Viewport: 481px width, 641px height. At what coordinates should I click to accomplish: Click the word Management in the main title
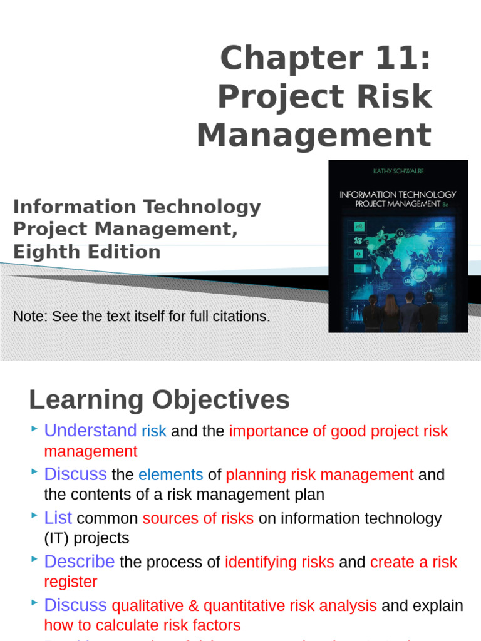pos(314,135)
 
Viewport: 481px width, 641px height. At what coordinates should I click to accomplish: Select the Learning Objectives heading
pos(159,399)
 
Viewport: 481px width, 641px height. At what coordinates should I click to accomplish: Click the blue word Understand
pos(90,431)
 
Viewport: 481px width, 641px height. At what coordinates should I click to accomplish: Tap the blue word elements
pos(170,475)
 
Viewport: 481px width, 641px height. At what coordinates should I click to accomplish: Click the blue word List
pos(58,518)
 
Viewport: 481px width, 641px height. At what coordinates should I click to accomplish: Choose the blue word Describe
pos(79,562)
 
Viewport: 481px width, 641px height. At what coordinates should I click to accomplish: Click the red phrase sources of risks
pos(198,519)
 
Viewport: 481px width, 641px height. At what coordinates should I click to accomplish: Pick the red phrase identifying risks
pos(279,563)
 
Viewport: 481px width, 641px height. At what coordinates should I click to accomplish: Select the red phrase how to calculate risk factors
pos(142,625)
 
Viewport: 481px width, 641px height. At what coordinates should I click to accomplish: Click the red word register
pos(70,582)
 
